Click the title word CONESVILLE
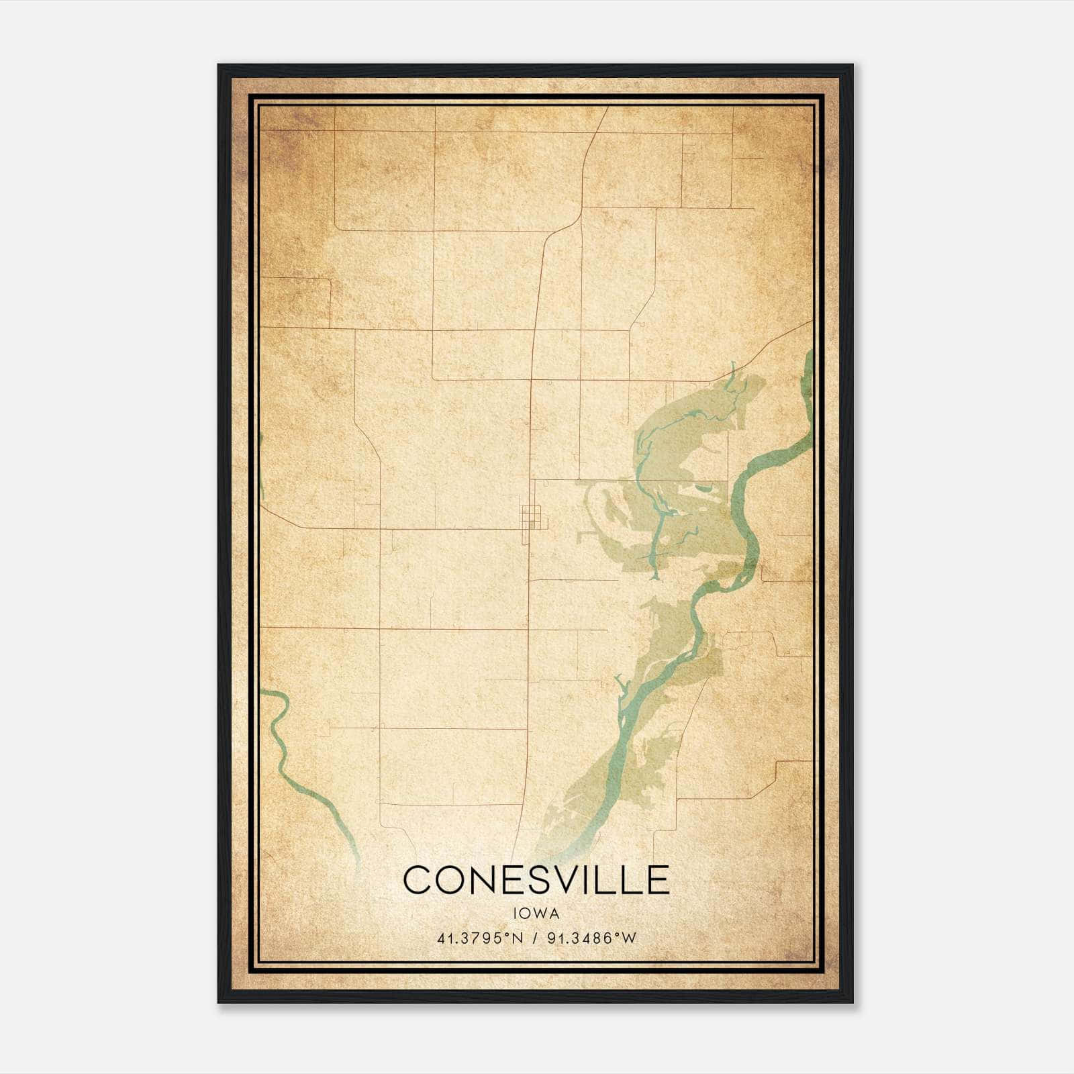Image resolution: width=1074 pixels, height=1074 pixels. [536, 880]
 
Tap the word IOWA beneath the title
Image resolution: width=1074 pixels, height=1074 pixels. [536, 914]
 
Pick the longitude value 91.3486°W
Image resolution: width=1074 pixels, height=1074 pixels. [591, 938]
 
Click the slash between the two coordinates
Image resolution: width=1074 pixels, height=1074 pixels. [535, 938]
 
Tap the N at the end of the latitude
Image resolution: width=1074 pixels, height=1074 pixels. [517, 938]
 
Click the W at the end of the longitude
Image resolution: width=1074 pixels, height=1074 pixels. [629, 938]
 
